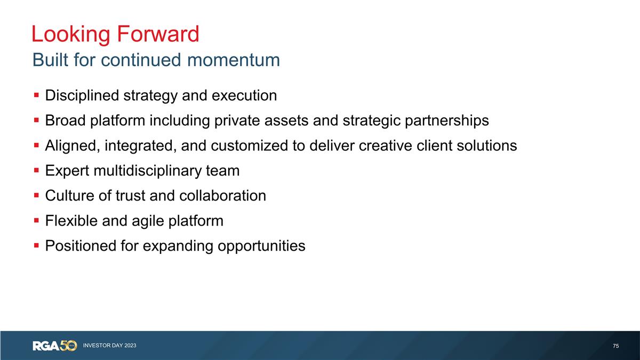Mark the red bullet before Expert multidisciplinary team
[36, 171]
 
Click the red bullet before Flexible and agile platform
[36, 221]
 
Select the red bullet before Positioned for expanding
[36, 246]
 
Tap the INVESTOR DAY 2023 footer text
[109, 346]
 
